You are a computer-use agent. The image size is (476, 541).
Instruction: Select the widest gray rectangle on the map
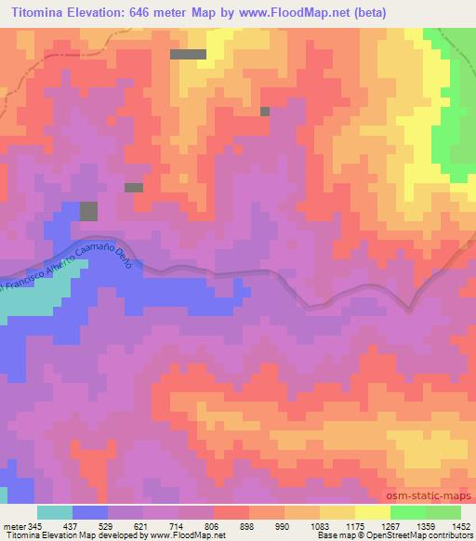coord(189,54)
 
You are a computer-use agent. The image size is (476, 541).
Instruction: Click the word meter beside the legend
coord(12,526)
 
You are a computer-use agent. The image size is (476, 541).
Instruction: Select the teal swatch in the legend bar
coord(55,512)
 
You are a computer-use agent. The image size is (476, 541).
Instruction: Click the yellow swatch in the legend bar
coord(372,512)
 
